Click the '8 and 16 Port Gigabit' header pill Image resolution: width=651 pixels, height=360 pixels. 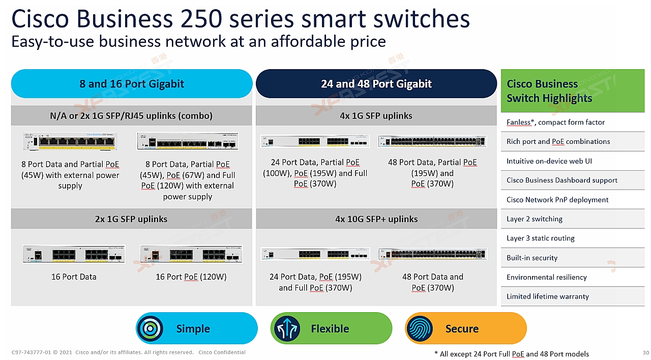pos(132,84)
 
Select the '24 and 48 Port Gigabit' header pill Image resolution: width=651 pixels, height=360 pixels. pos(376,84)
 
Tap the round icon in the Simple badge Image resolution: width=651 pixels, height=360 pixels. pos(150,328)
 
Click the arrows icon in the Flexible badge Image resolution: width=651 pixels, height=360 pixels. pos(287,328)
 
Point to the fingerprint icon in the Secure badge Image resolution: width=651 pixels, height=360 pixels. pos(420,328)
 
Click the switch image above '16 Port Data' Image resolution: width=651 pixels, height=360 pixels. pos(74,254)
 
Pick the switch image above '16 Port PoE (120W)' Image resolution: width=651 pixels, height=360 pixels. pos(191,254)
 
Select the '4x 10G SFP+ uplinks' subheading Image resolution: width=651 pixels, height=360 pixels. pos(376,219)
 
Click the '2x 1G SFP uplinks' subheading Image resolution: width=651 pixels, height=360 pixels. pos(131,219)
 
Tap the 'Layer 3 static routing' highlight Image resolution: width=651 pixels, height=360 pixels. pos(541,238)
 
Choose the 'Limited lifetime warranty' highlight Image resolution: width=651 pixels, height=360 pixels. pos(548,296)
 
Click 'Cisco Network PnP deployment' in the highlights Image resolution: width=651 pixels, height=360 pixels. pos(557,200)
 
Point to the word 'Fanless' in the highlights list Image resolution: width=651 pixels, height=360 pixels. pos(518,123)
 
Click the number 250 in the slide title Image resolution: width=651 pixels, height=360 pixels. pos(201,19)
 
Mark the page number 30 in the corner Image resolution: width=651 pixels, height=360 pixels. pos(646,352)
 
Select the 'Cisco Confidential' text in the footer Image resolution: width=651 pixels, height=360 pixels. pos(222,352)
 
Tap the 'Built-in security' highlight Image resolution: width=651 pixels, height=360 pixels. pos(532,258)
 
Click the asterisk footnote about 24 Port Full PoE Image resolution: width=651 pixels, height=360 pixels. pos(512,354)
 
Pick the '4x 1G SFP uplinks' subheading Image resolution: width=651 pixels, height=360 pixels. pos(376,115)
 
